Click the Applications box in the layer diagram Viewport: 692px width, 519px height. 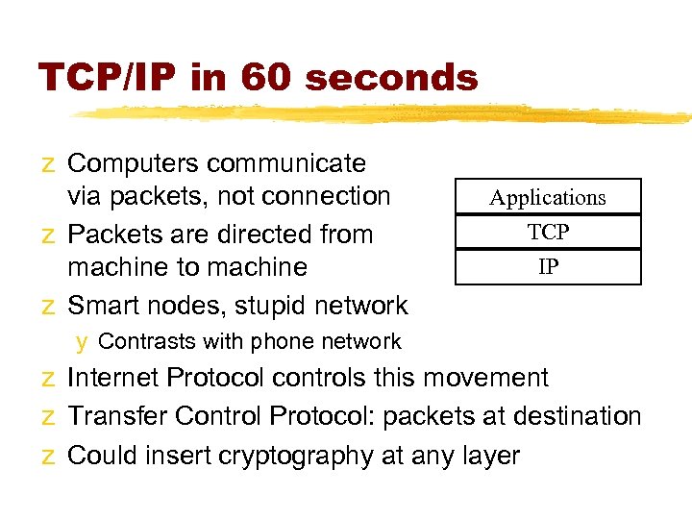tap(548, 198)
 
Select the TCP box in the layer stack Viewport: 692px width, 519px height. tap(548, 232)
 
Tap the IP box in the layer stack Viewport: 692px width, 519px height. tap(548, 266)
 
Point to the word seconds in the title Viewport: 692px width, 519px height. tap(394, 78)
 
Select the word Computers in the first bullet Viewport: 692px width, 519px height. tap(134, 163)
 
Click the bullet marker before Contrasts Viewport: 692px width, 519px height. tap(83, 342)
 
